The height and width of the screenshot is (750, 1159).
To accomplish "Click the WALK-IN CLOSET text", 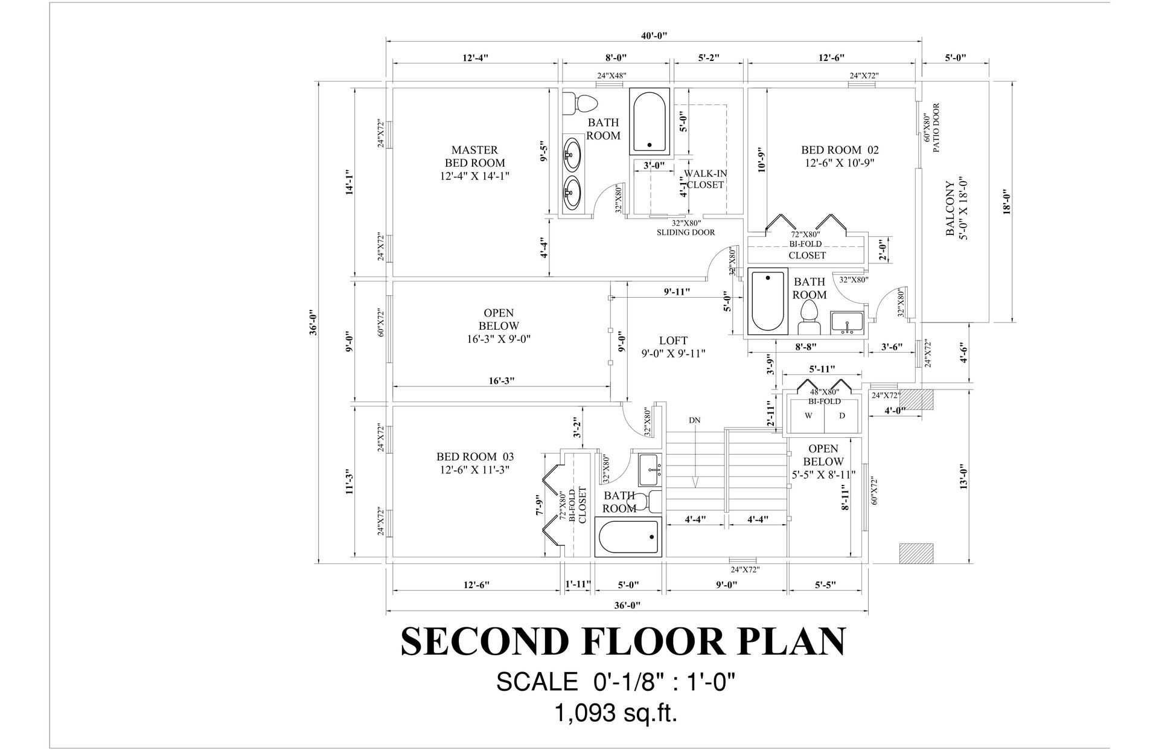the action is click(x=705, y=179).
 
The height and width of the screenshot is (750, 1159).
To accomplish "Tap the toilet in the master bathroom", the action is click(x=579, y=103).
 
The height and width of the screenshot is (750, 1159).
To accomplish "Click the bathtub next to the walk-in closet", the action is click(x=650, y=121).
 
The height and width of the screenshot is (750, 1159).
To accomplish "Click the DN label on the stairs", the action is click(x=694, y=420).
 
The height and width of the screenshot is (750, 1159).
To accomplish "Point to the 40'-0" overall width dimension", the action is click(x=654, y=35).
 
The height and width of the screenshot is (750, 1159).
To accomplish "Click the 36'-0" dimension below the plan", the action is click(x=627, y=605).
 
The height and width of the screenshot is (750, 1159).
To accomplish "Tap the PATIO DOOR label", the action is click(x=936, y=128).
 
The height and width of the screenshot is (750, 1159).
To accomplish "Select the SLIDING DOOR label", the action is click(x=686, y=232).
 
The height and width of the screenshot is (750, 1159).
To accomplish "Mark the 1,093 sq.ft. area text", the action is click(x=616, y=714).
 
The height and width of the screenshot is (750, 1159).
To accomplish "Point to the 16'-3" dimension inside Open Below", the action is click(x=502, y=380).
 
